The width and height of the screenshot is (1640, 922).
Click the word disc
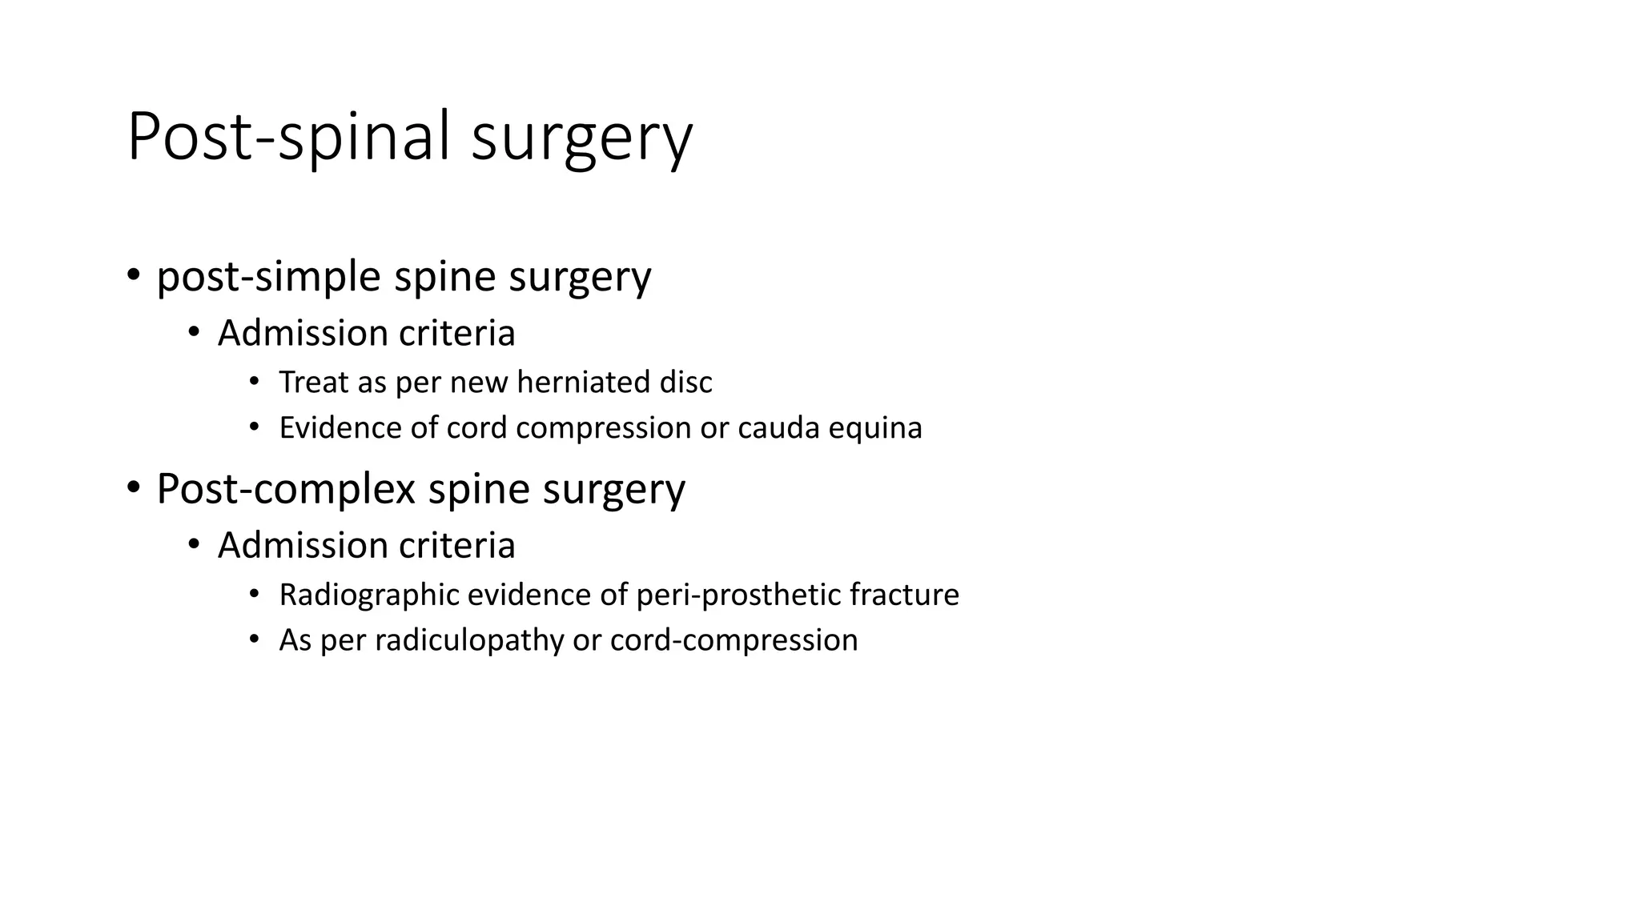[x=685, y=383]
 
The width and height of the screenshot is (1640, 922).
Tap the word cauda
[x=778, y=428]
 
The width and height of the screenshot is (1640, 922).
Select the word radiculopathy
[x=469, y=640]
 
